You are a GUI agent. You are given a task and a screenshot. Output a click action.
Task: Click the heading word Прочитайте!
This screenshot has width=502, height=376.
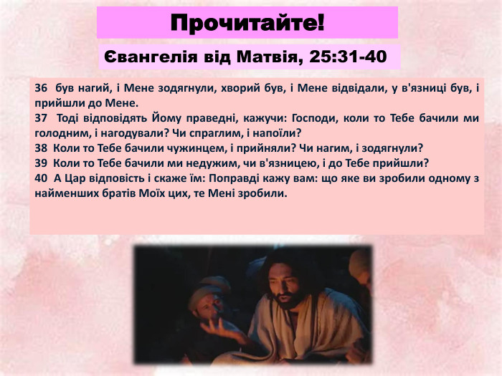click(247, 22)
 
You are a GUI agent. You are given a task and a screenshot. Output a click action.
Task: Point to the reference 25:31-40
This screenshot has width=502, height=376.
click(339, 57)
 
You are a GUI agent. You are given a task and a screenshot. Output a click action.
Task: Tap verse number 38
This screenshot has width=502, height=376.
click(40, 148)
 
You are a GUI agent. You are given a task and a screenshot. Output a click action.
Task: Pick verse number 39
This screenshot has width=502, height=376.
click(40, 163)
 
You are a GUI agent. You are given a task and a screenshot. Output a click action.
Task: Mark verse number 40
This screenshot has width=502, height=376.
click(40, 178)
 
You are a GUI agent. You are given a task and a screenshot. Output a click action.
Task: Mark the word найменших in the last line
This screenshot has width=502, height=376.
click(64, 193)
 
